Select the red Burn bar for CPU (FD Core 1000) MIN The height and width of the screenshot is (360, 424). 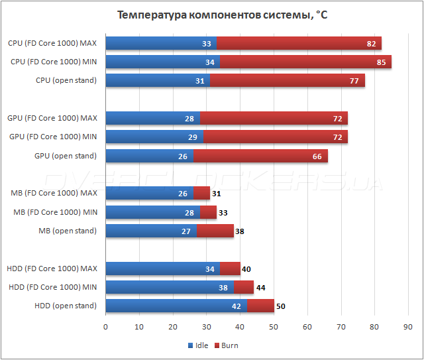tap(305, 62)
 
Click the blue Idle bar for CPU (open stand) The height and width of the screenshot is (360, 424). tap(158, 81)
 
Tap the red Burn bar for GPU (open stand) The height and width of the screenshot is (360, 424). tap(260, 156)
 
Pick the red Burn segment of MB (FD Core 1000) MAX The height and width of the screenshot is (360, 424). tap(201, 193)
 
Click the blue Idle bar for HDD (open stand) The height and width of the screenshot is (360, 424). tap(176, 306)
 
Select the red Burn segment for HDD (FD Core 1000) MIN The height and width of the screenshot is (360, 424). tap(244, 287)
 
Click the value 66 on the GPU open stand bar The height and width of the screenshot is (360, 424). tap(317, 156)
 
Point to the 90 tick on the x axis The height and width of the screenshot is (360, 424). tap(408, 327)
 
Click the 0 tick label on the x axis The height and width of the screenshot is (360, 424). tap(106, 327)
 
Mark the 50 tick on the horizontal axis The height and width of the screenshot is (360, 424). tap(274, 327)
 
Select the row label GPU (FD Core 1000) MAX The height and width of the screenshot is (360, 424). tap(52, 118)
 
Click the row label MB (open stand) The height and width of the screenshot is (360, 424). tap(68, 231)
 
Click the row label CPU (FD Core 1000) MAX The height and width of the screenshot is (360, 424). tap(52, 43)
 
